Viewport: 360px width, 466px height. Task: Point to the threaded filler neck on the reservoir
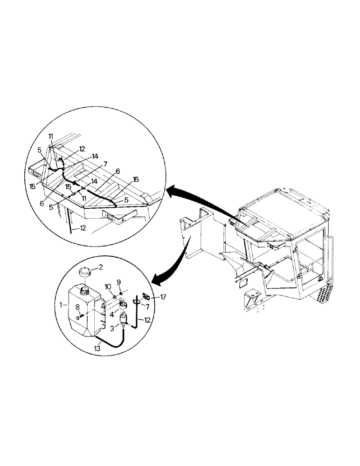coord(85,291)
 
